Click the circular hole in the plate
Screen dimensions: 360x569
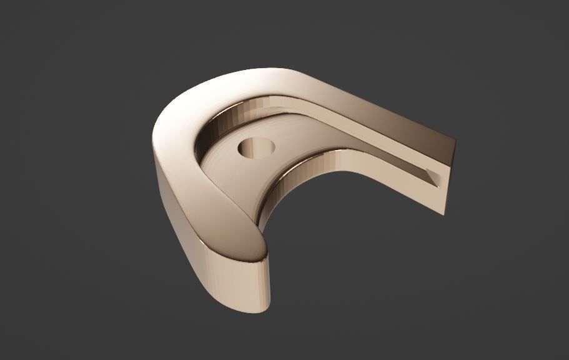pyautogui.click(x=256, y=149)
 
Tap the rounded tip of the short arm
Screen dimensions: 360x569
pyautogui.click(x=250, y=247)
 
